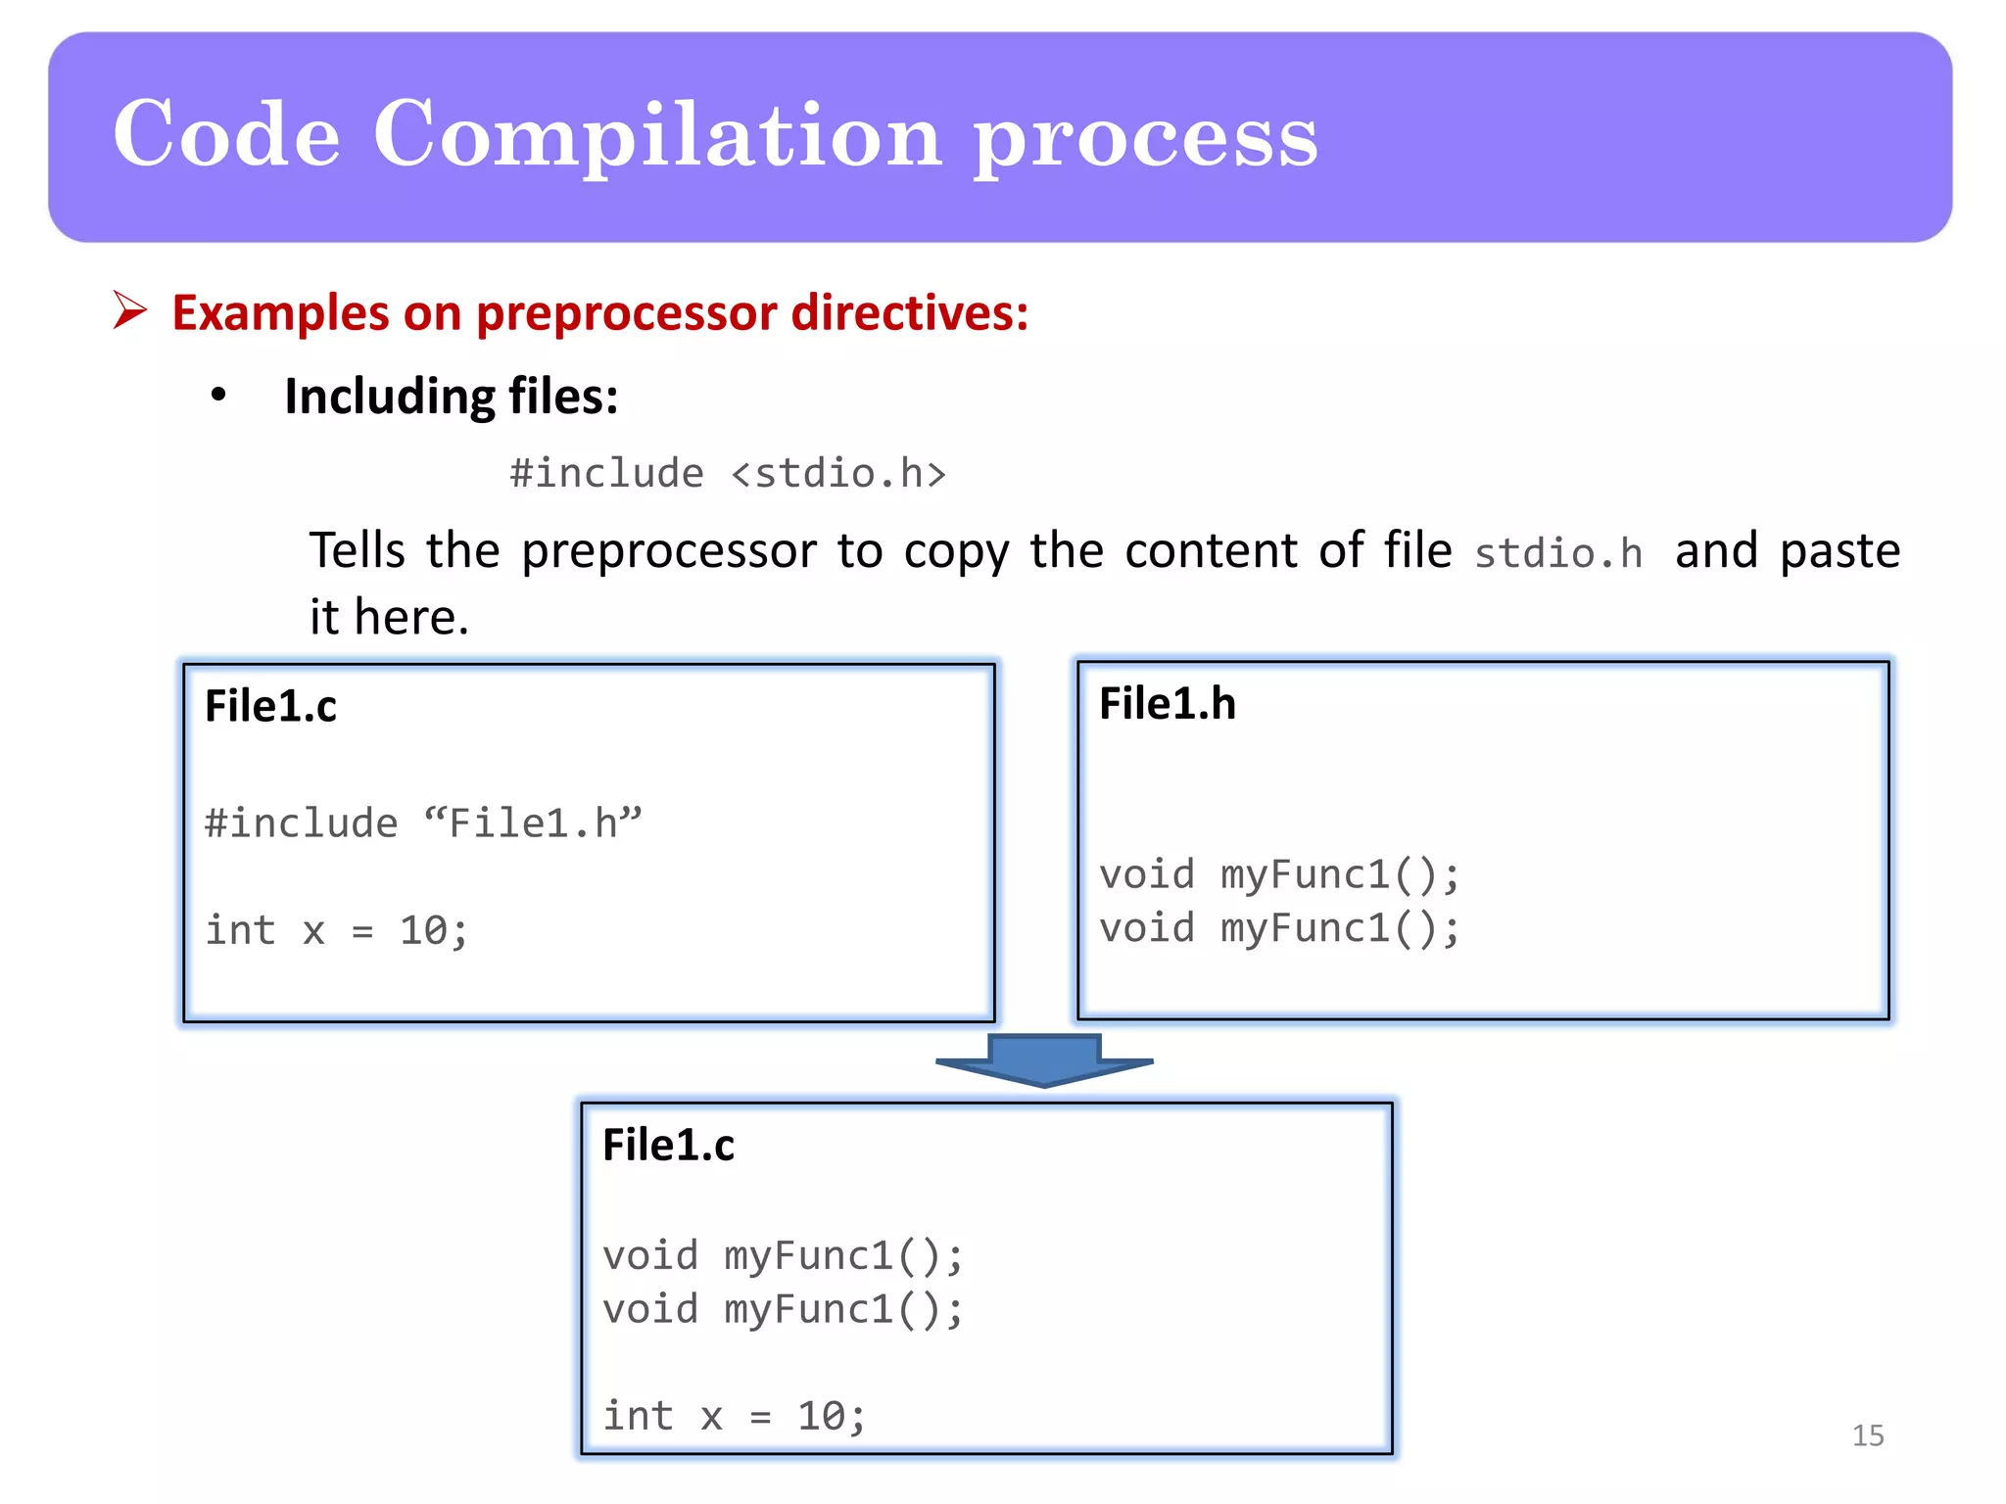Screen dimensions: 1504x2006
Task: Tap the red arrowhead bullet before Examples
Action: tap(129, 310)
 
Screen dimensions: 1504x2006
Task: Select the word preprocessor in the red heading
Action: tap(627, 313)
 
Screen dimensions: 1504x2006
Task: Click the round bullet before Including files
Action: tap(218, 396)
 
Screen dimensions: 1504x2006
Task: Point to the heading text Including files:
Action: tap(451, 397)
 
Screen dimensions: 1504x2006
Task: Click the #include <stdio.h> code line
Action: tap(728, 474)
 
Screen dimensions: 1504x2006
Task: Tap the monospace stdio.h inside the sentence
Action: tap(1557, 553)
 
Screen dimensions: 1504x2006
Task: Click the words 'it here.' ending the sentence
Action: tap(389, 617)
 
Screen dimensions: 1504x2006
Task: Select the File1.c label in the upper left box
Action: tap(270, 706)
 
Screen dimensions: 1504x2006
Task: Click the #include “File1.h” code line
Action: tap(422, 822)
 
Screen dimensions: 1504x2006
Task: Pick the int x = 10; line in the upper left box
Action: tap(336, 930)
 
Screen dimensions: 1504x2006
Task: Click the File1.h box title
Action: tap(1167, 703)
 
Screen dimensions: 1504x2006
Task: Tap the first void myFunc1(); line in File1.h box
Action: tap(1278, 874)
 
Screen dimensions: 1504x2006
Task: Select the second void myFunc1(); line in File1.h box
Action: tap(1278, 928)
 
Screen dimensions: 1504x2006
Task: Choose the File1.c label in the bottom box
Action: tap(668, 1145)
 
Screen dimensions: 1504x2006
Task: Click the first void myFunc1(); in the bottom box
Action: tap(783, 1255)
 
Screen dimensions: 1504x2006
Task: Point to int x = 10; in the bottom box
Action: tap(734, 1416)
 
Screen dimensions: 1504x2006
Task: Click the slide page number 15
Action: tap(1867, 1435)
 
